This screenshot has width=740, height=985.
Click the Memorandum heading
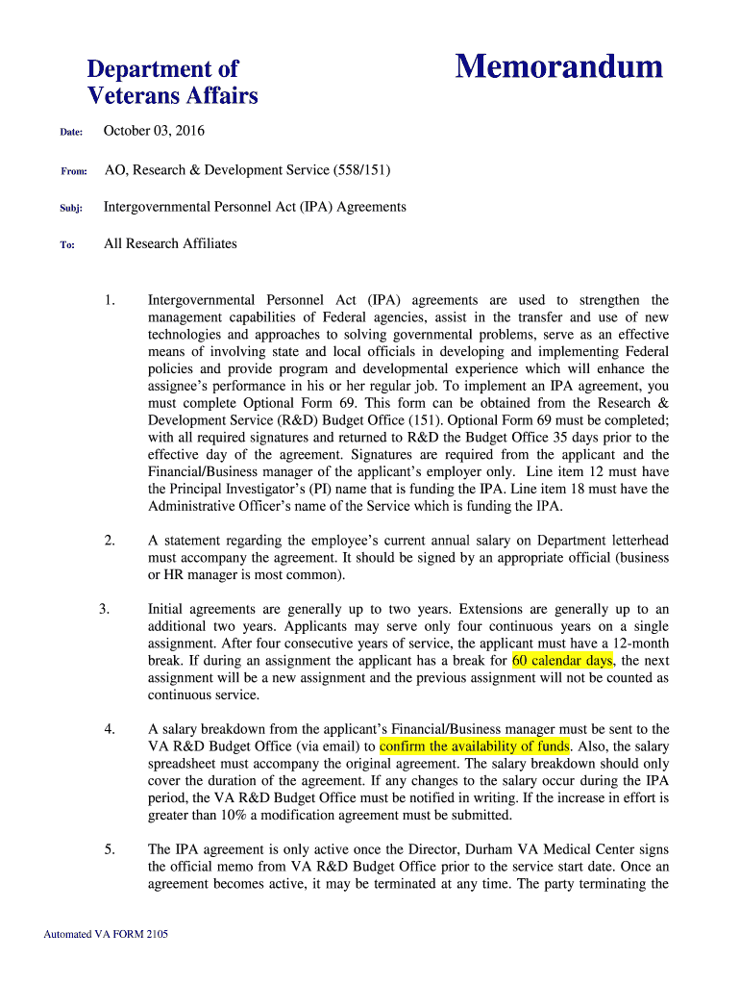[x=558, y=66]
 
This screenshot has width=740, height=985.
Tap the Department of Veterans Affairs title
[x=172, y=82]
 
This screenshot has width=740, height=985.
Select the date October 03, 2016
[x=154, y=131]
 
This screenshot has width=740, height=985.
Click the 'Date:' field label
[x=72, y=132]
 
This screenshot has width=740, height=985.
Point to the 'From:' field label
[x=74, y=170]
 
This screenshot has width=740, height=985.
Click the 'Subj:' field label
[x=72, y=208]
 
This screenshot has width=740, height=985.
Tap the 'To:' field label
[x=67, y=244]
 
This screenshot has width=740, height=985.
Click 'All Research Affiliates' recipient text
[x=170, y=243]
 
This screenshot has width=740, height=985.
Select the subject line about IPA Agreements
[x=255, y=207]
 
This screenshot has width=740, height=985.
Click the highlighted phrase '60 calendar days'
[x=562, y=661]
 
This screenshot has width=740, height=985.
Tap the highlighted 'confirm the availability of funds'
[x=475, y=746]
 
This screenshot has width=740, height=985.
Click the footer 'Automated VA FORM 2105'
[x=106, y=934]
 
